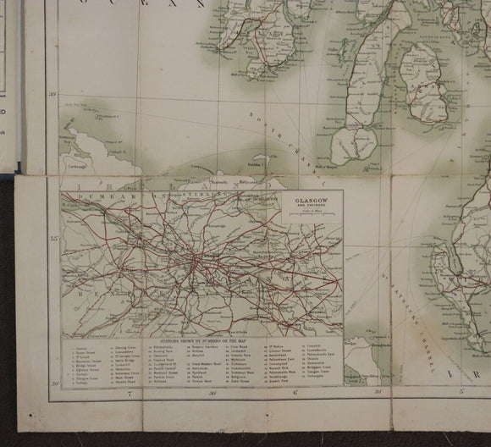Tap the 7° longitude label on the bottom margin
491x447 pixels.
tap(130, 393)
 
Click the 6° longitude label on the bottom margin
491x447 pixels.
tap(295, 393)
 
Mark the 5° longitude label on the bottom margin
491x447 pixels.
tap(461, 392)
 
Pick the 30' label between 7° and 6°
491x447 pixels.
tap(212, 393)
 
